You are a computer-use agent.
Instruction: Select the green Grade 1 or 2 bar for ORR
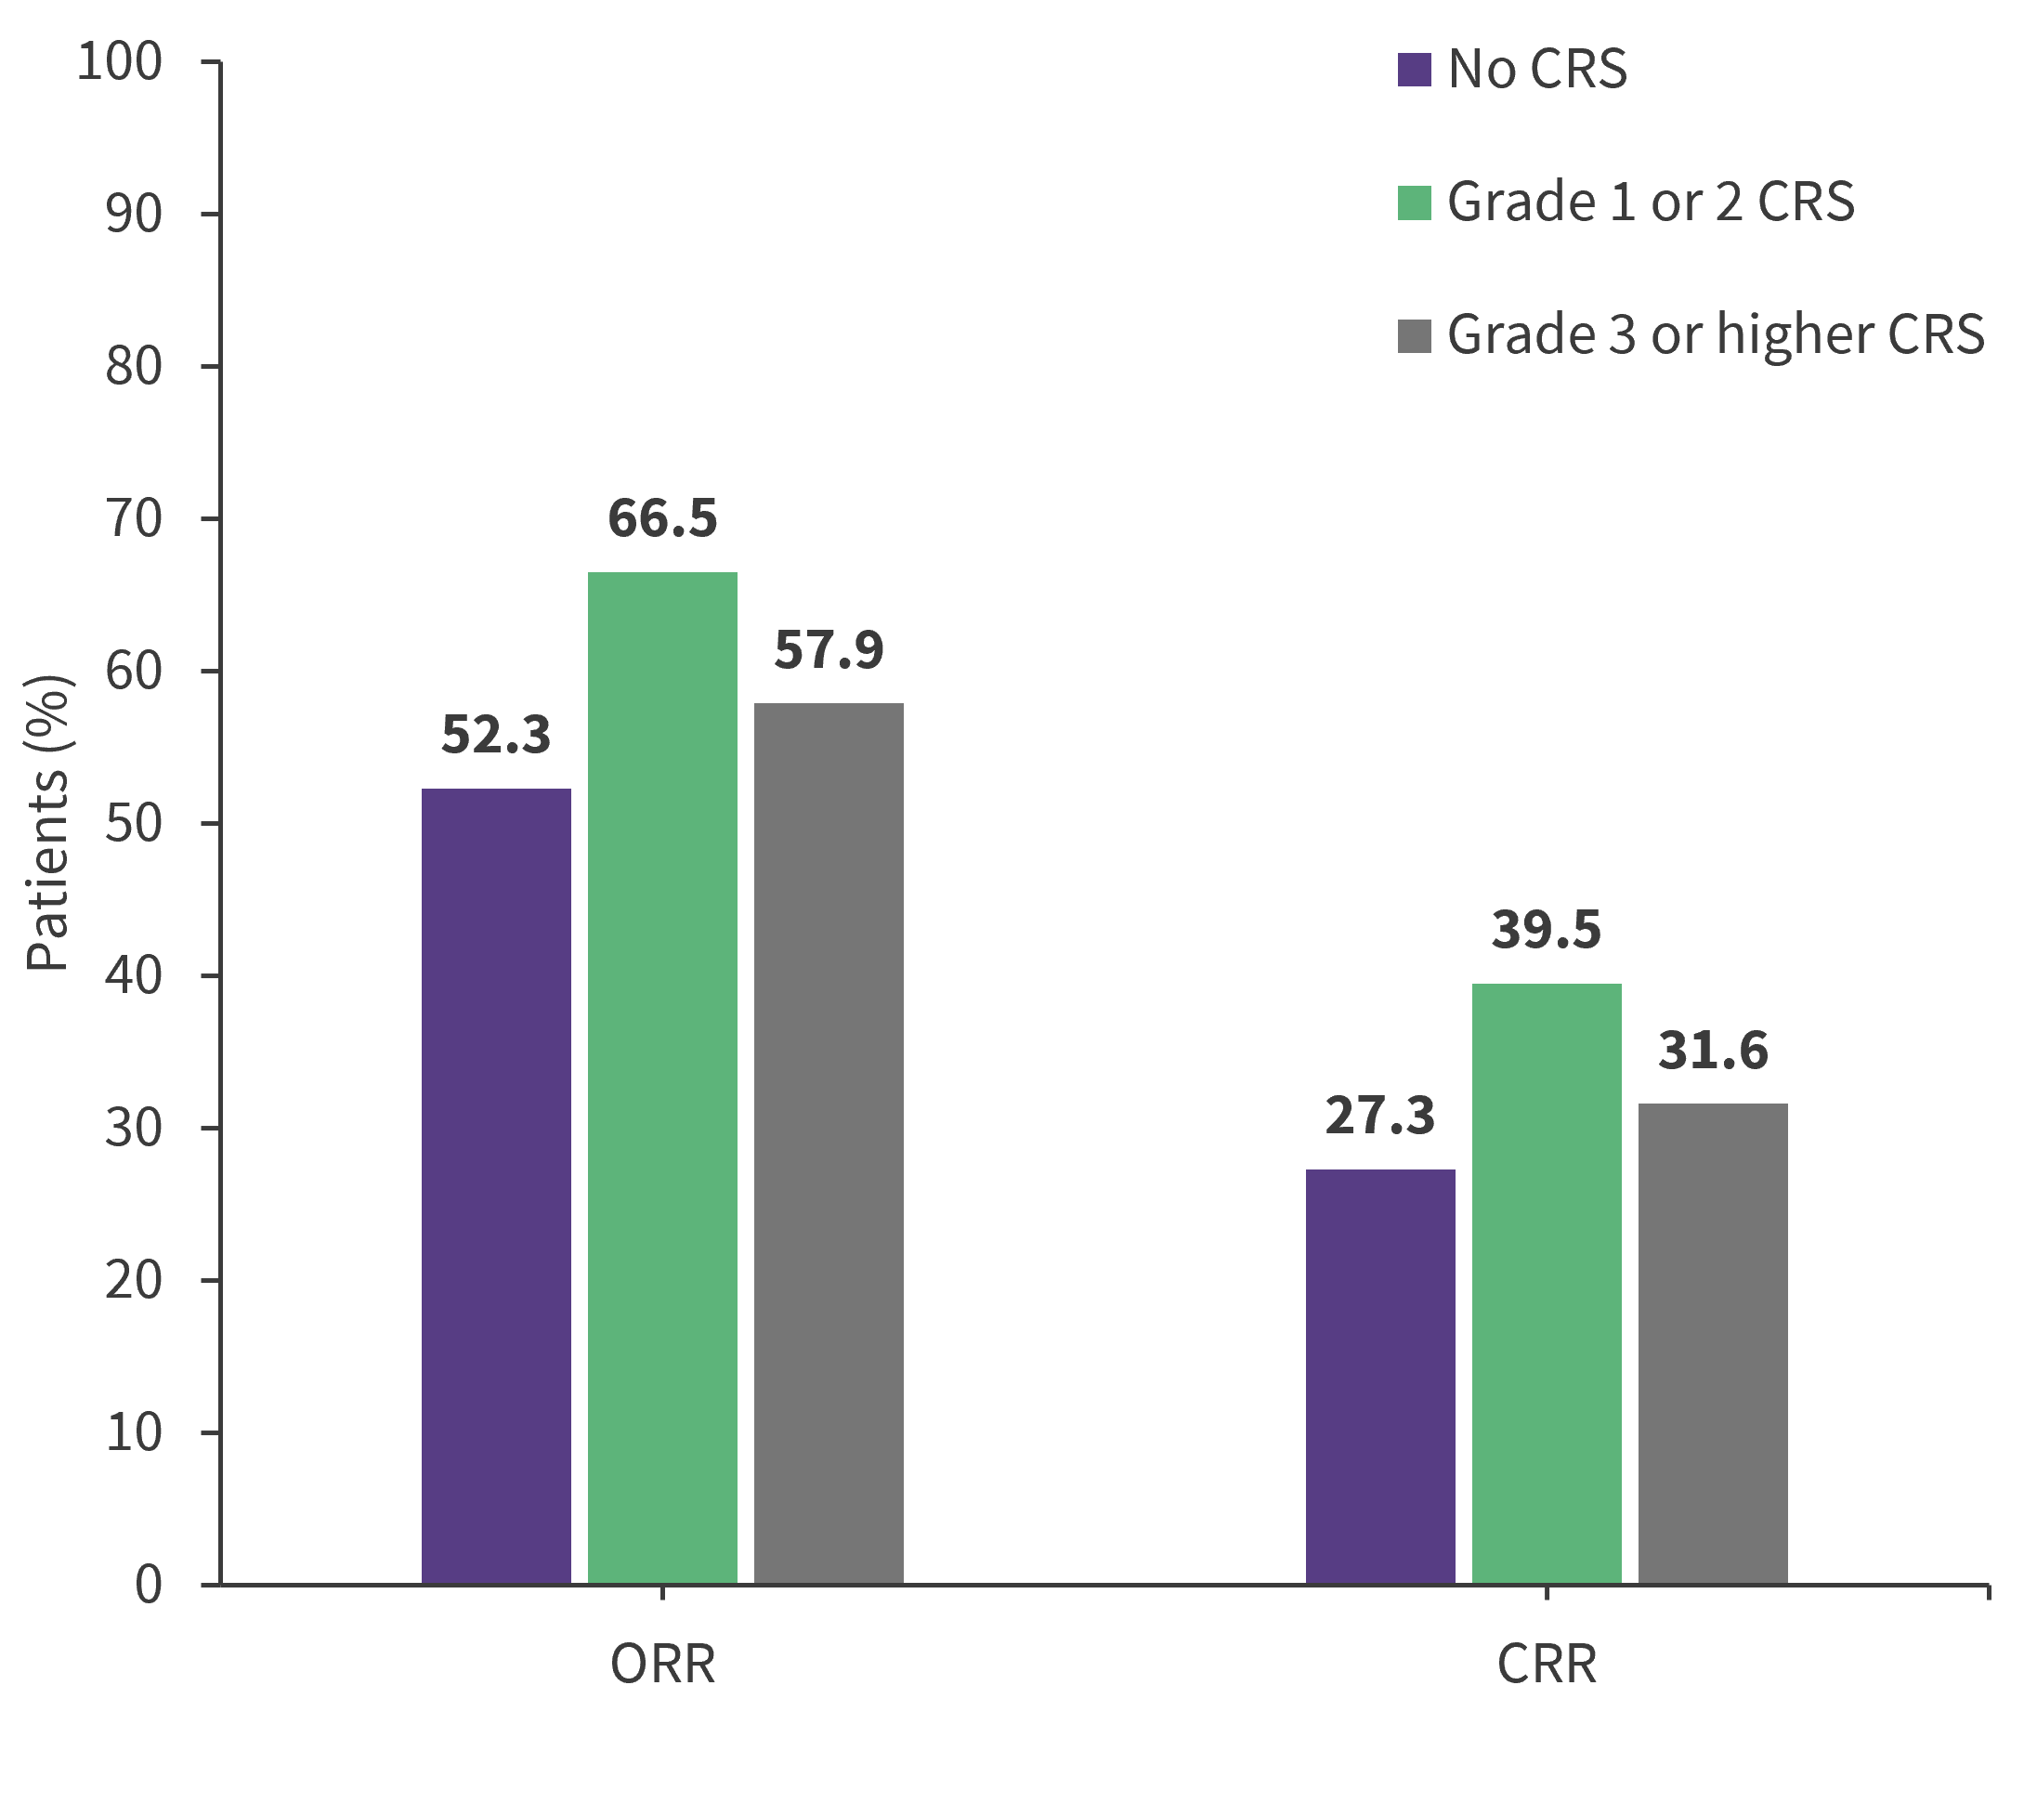click(662, 1078)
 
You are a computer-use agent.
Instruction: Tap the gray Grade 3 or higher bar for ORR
click(828, 1143)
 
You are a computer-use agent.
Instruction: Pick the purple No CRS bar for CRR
click(1379, 1376)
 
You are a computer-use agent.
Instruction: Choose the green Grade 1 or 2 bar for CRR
click(1547, 1283)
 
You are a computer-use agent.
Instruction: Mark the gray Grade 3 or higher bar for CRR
click(1713, 1343)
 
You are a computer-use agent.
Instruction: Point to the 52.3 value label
click(496, 736)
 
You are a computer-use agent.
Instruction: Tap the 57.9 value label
click(828, 650)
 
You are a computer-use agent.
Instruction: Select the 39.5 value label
click(1547, 930)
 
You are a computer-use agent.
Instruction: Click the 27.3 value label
click(1379, 1116)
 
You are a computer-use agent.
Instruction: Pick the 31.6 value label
click(1713, 1051)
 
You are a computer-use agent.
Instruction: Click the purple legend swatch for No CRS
click(1415, 70)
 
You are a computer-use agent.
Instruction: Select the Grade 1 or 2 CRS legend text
click(1650, 203)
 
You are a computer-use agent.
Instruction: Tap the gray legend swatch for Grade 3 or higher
click(1415, 336)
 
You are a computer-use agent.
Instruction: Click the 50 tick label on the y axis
click(134, 824)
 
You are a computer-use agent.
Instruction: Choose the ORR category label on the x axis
click(662, 1665)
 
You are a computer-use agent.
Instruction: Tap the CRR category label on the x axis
click(1547, 1665)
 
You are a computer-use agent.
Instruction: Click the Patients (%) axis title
click(46, 823)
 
